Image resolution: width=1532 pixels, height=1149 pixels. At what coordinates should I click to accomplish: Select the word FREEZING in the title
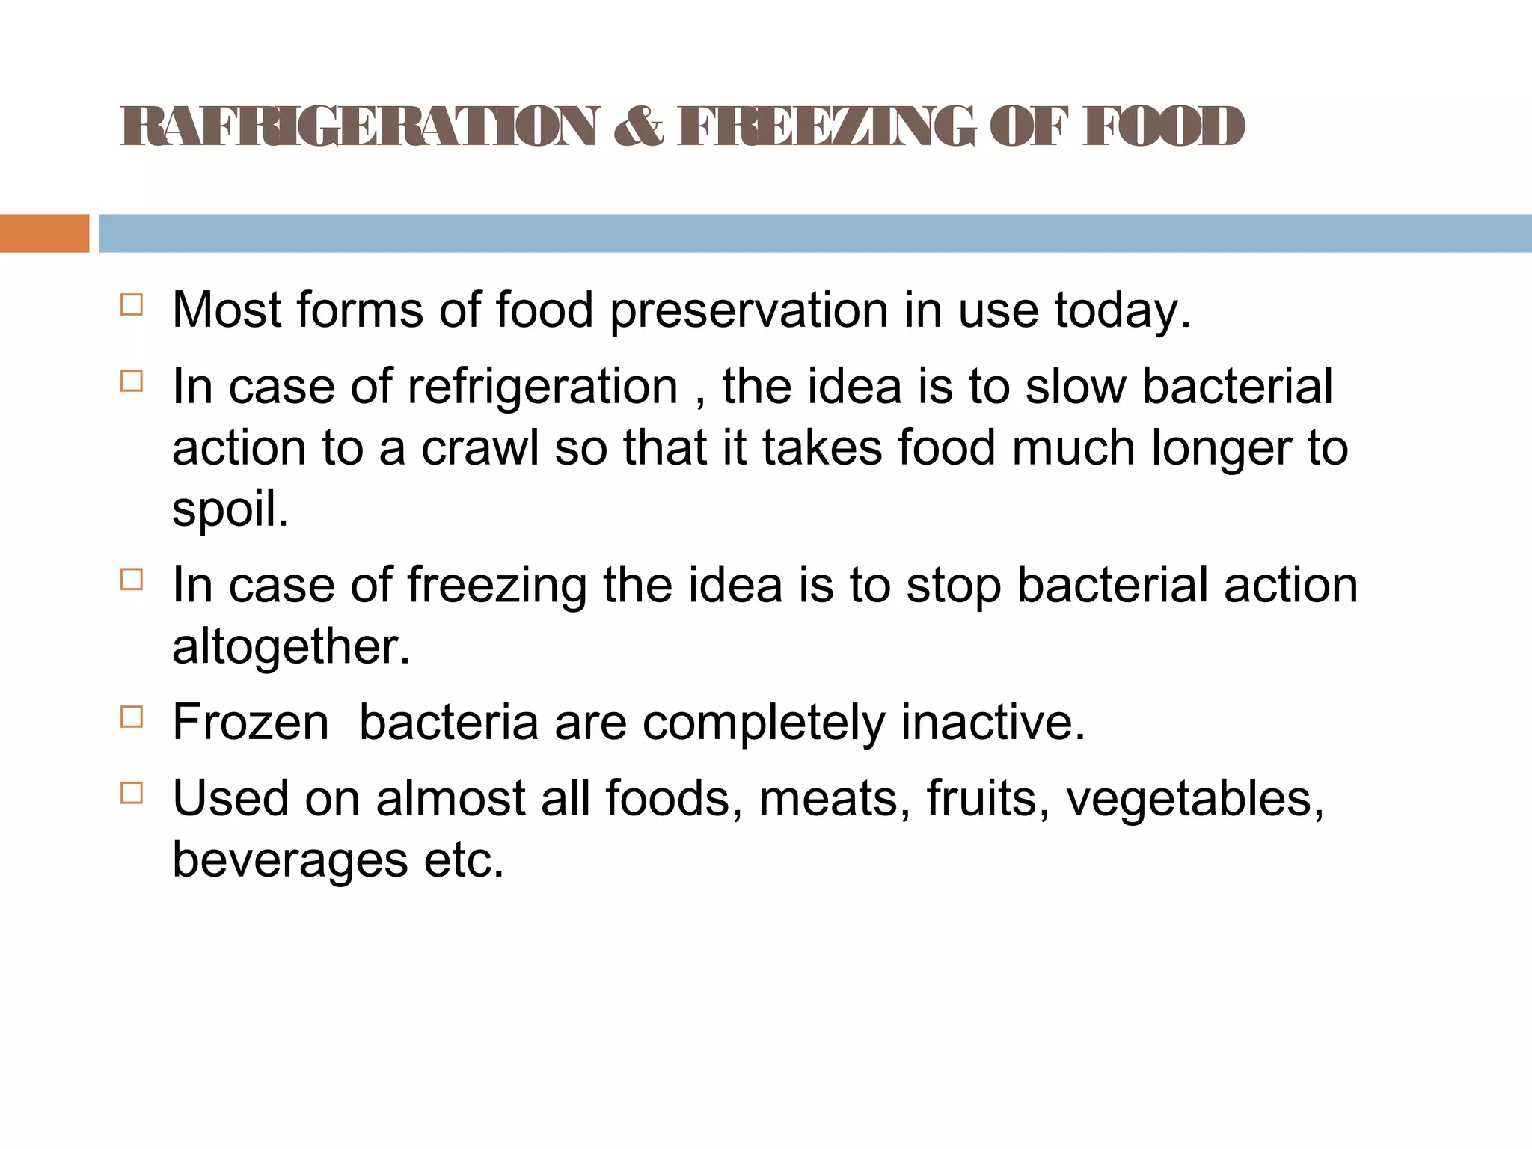click(x=827, y=126)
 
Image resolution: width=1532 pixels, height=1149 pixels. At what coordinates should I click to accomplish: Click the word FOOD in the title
click(x=1163, y=126)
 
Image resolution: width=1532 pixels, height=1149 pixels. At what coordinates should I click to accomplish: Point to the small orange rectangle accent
click(x=44, y=233)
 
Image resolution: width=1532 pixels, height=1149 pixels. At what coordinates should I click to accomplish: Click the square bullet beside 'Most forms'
click(x=131, y=305)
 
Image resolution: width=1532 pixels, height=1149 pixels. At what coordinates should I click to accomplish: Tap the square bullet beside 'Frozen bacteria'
click(x=131, y=717)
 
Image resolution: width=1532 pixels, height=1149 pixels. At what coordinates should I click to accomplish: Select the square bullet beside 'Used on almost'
click(x=131, y=793)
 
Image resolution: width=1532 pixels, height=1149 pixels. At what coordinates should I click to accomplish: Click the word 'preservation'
click(x=749, y=311)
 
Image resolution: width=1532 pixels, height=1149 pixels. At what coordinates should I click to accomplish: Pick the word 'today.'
click(x=1122, y=311)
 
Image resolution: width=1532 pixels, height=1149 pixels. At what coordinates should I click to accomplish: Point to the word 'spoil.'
click(x=230, y=510)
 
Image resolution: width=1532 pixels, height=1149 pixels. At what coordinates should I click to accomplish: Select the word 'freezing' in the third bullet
click(x=497, y=586)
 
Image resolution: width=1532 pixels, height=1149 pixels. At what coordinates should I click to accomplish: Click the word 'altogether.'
click(x=292, y=647)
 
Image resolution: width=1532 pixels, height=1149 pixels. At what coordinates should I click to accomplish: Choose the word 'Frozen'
click(x=251, y=723)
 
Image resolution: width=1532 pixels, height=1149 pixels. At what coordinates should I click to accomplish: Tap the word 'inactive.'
click(x=993, y=723)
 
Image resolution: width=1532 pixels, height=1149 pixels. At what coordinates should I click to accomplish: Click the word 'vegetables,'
click(x=1195, y=799)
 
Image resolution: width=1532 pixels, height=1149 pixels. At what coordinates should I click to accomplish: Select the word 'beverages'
click(x=290, y=860)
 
